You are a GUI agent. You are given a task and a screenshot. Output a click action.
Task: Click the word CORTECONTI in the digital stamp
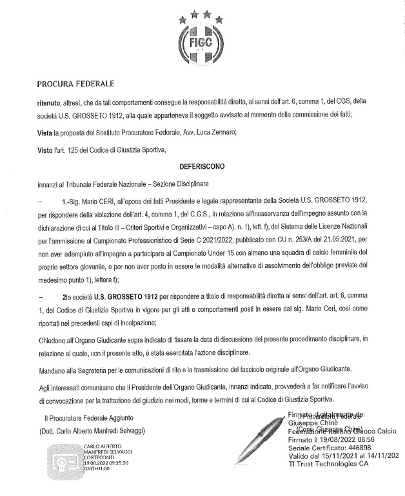[x=99, y=457]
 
